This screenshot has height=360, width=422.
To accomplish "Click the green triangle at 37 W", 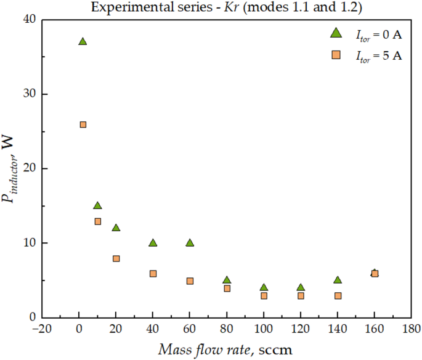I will pyautogui.click(x=83, y=41).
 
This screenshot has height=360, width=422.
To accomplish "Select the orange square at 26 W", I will pyautogui.click(x=83, y=125).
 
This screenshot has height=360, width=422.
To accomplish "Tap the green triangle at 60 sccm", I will pyautogui.click(x=190, y=243).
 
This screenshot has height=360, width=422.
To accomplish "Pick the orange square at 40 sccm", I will pyautogui.click(x=153, y=273).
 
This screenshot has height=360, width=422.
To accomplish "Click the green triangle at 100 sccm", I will pyautogui.click(x=264, y=287).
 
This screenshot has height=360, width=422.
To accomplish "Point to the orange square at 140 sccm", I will pyautogui.click(x=338, y=295).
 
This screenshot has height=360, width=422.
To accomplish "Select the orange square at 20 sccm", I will pyautogui.click(x=116, y=258).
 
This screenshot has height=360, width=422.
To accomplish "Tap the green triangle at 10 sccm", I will pyautogui.click(x=97, y=205).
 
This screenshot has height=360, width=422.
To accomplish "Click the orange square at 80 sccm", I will pyautogui.click(x=227, y=288).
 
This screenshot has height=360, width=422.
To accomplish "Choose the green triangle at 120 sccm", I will pyautogui.click(x=301, y=287).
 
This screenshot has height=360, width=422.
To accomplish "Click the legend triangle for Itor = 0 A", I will pyautogui.click(x=336, y=33).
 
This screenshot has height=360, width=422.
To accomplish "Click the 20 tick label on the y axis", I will pyautogui.click(x=29, y=168).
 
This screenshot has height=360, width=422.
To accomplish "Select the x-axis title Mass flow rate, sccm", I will pyautogui.click(x=226, y=349).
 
